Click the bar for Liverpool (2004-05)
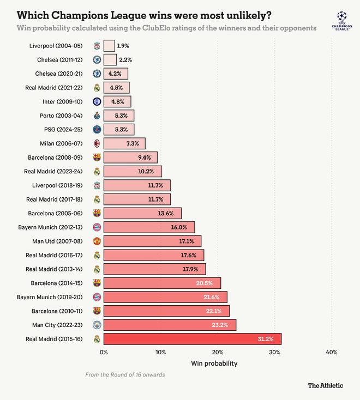click(x=109, y=46)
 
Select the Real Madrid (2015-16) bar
click(x=192, y=339)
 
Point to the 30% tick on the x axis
click(x=274, y=352)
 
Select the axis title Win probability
click(x=214, y=363)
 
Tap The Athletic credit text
click(x=326, y=385)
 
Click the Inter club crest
click(x=97, y=101)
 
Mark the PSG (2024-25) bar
click(x=119, y=129)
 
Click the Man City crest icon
click(x=97, y=325)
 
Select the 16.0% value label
click(x=179, y=227)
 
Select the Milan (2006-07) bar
click(x=124, y=143)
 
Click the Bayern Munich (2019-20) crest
click(x=97, y=297)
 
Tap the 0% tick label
click(x=104, y=352)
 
